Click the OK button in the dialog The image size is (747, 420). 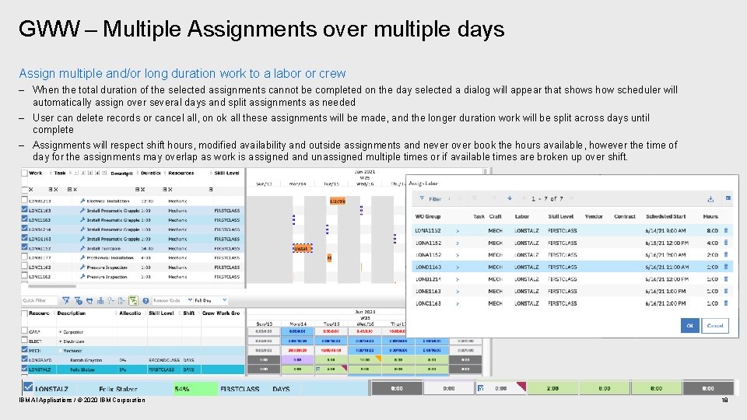(689, 326)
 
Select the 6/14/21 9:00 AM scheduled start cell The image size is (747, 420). (665, 231)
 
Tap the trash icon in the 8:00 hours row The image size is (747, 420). (727, 231)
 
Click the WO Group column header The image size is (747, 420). (428, 216)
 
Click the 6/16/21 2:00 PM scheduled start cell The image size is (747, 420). (665, 303)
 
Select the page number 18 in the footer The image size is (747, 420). (724, 400)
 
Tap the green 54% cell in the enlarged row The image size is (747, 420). (182, 388)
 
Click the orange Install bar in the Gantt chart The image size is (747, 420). (302, 249)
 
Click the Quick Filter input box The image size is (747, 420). (39, 300)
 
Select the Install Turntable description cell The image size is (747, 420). (109, 248)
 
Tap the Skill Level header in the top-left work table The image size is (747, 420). (227, 173)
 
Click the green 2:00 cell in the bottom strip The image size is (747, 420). (552, 388)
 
